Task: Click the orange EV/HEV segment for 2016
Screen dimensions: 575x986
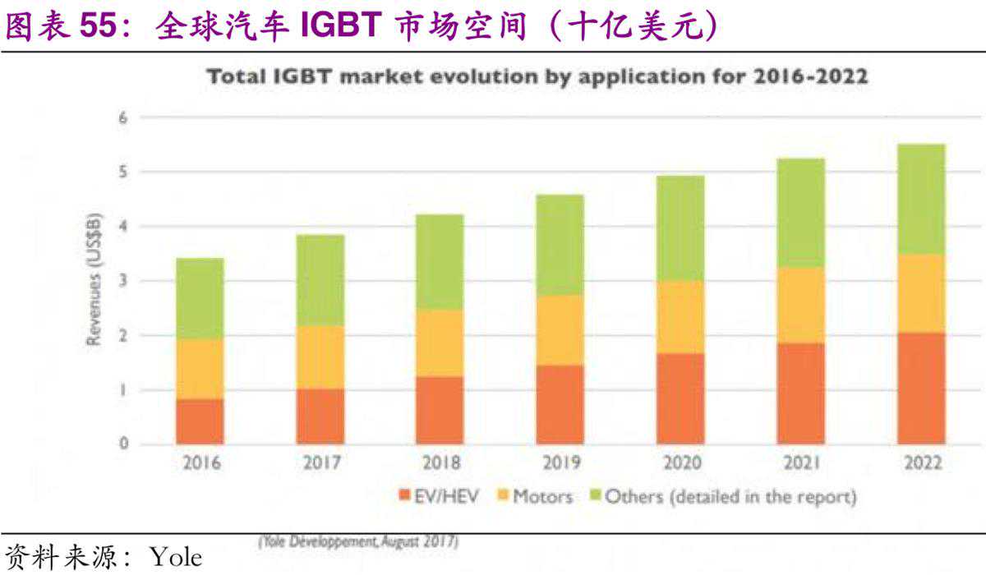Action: pos(200,421)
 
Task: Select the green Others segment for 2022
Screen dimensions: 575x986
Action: pos(920,199)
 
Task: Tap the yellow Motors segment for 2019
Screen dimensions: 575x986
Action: pos(560,330)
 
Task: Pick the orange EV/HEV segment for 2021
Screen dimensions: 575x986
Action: pos(800,393)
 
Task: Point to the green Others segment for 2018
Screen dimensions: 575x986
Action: pos(440,262)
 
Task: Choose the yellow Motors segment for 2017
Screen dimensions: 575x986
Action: pos(320,356)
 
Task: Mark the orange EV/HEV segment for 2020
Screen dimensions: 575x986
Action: pos(680,399)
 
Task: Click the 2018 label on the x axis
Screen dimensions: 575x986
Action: pos(440,463)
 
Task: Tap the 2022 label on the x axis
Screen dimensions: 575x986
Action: pos(920,463)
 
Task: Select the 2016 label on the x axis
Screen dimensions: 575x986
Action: pos(200,463)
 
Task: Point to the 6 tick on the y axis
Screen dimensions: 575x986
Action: pos(124,117)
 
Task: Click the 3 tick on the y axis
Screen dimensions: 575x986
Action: pos(124,281)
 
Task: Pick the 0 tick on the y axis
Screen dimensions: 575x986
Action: pos(124,444)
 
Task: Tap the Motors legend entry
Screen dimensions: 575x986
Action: pos(534,496)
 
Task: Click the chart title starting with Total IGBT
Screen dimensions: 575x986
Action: pos(537,77)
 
